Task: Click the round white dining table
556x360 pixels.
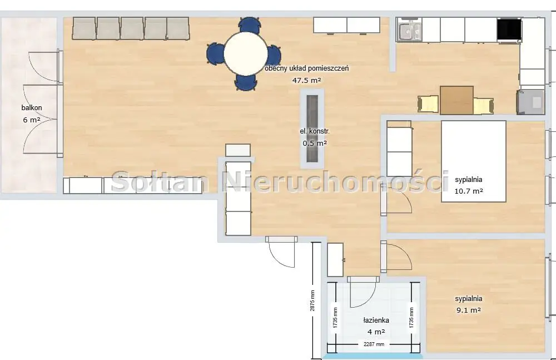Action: [x=246, y=53]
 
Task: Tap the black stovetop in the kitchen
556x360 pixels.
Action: [x=509, y=29]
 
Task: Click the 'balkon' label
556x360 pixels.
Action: [x=32, y=108]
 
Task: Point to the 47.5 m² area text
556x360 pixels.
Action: [x=307, y=80]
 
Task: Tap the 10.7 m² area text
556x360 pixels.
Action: [x=469, y=191]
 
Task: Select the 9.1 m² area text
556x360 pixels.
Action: [x=467, y=310]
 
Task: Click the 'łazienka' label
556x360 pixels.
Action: [x=376, y=320]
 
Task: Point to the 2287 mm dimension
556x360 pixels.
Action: [x=373, y=344]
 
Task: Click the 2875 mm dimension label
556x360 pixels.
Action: [x=312, y=300]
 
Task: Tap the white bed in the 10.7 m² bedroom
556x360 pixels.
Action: [x=473, y=161]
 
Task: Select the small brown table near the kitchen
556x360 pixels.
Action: [x=456, y=100]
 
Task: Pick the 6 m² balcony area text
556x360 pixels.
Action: [x=32, y=120]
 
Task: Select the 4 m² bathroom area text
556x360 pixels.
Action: [x=376, y=332]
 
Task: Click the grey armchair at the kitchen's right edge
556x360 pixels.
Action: [x=530, y=102]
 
